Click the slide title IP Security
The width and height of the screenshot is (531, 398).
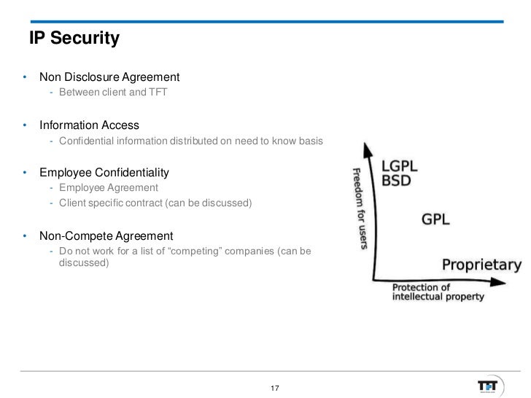[x=74, y=39]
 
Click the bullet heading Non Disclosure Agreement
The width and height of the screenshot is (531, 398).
[x=109, y=77]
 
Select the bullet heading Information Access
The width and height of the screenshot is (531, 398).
[x=89, y=125]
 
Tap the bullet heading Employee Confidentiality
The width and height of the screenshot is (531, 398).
[x=104, y=173]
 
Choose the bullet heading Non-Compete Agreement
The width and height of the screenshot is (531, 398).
[x=106, y=236]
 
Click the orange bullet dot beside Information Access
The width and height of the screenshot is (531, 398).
[x=25, y=125]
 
